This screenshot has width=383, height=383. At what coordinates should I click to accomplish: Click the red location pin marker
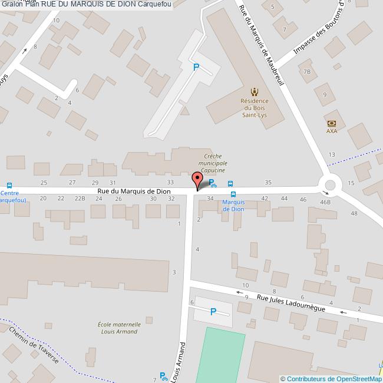pos(197,179)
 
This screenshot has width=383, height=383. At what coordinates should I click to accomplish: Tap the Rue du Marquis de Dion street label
pos(134,191)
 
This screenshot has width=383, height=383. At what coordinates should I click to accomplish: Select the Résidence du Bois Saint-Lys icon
pos(255,91)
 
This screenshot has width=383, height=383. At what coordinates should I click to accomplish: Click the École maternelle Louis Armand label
pos(119,328)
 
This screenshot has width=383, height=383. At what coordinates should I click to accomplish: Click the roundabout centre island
pos(330,185)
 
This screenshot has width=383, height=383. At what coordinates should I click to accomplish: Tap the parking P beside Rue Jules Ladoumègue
pos(213,312)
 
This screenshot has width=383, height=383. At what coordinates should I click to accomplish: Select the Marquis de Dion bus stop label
pos(233,206)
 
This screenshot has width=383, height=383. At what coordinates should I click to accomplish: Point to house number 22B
pos(80,199)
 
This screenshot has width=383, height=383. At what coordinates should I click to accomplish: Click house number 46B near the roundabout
pos(325,202)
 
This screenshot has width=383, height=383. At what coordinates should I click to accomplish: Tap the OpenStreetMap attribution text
pos(331,379)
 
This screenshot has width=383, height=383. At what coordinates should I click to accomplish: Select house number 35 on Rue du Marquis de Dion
pos(268,183)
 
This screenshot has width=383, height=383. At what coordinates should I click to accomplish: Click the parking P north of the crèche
pos(196,67)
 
